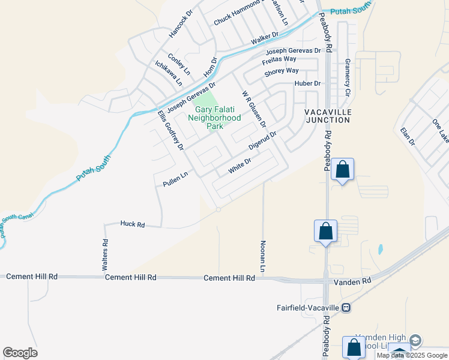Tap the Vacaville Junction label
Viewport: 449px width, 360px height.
(327, 116)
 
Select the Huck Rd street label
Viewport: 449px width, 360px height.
(133, 224)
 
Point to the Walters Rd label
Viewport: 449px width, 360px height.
(106, 252)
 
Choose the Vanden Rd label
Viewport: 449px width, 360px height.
(358, 280)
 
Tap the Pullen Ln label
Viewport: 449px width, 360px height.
(171, 179)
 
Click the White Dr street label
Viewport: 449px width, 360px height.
(239, 167)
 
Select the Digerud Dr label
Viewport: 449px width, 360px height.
(262, 140)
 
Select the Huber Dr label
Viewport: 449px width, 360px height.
(308, 83)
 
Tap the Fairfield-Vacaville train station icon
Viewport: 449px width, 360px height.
(346, 307)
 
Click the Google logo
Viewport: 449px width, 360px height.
(20, 353)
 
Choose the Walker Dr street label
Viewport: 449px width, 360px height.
(265, 38)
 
